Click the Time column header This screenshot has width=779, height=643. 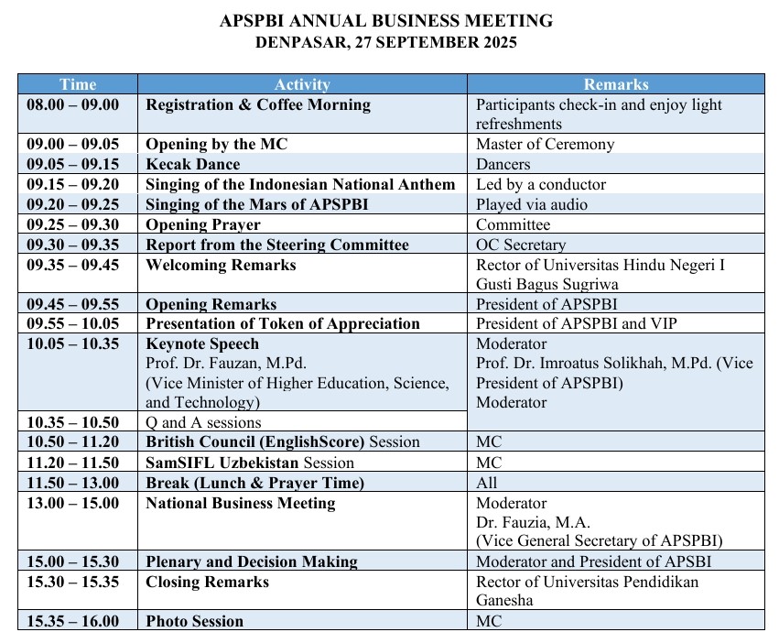tap(78, 84)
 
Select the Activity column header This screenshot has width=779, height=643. tap(302, 84)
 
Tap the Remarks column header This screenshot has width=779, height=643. tap(615, 84)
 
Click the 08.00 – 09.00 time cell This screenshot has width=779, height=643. tap(73, 104)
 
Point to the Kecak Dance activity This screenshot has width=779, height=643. tap(193, 165)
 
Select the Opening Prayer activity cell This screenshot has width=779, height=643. tap(203, 224)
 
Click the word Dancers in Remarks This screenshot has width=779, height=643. tap(503, 165)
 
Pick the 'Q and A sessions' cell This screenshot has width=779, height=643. tap(204, 422)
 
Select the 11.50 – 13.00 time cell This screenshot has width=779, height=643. tap(73, 483)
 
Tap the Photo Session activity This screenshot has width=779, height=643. tap(195, 621)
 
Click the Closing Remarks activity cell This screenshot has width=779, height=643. tap(208, 583)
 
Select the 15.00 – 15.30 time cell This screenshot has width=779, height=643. tap(73, 561)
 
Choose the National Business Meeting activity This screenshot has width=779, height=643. tap(241, 503)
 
